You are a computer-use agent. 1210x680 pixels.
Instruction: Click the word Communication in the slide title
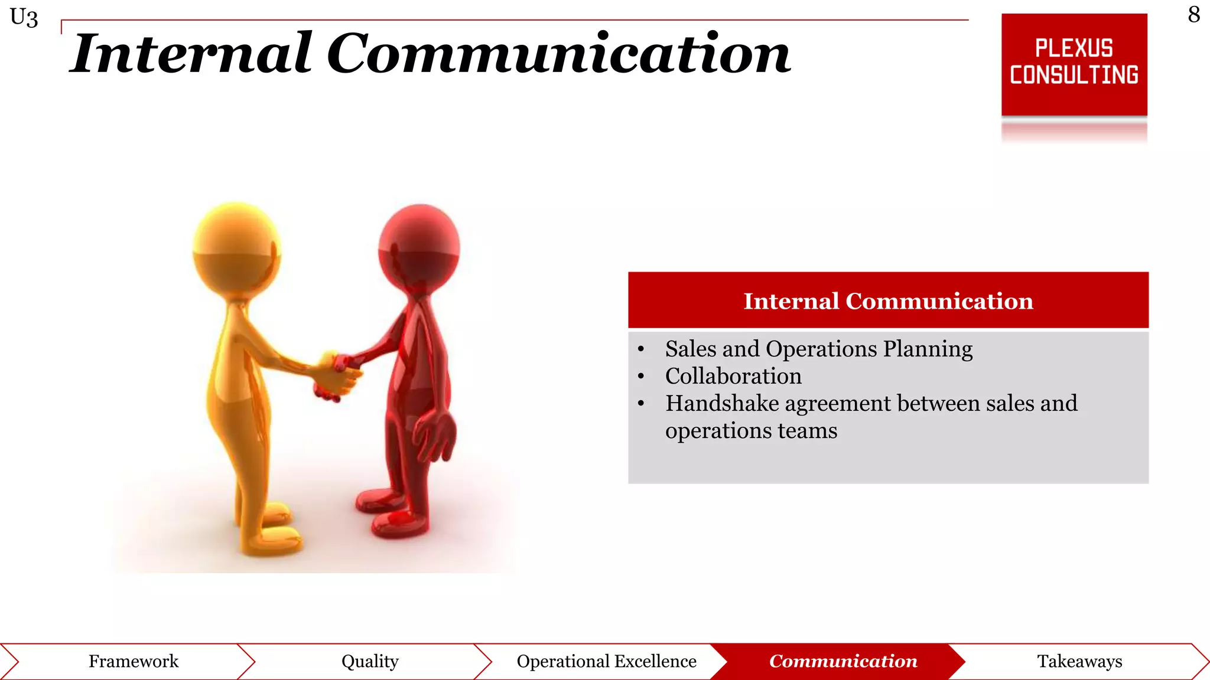pyautogui.click(x=558, y=54)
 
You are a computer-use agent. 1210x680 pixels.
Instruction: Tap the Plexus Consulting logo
pyautogui.click(x=1074, y=64)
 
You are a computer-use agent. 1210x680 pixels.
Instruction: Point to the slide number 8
pyautogui.click(x=1193, y=15)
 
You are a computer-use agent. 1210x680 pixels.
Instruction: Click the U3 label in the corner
pyautogui.click(x=24, y=18)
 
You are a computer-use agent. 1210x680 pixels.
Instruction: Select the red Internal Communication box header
pyautogui.click(x=887, y=300)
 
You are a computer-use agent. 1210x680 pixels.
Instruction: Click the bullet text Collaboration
pyautogui.click(x=733, y=376)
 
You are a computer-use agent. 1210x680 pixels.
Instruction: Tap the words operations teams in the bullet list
pyautogui.click(x=750, y=430)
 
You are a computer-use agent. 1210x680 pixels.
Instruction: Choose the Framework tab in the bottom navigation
pyautogui.click(x=134, y=661)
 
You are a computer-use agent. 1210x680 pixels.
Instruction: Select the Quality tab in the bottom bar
pyautogui.click(x=370, y=661)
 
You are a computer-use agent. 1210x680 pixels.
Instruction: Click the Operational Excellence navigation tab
pyautogui.click(x=606, y=661)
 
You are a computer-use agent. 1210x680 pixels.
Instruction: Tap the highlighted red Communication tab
pyautogui.click(x=843, y=661)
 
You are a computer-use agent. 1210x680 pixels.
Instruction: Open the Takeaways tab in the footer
pyautogui.click(x=1079, y=661)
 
